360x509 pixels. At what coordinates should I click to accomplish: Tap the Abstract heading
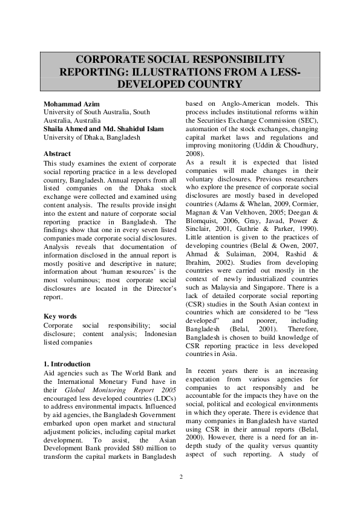57,154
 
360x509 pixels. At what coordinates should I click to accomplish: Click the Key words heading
60,316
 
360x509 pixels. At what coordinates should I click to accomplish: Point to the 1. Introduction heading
67,364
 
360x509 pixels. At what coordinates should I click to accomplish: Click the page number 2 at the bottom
180,477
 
